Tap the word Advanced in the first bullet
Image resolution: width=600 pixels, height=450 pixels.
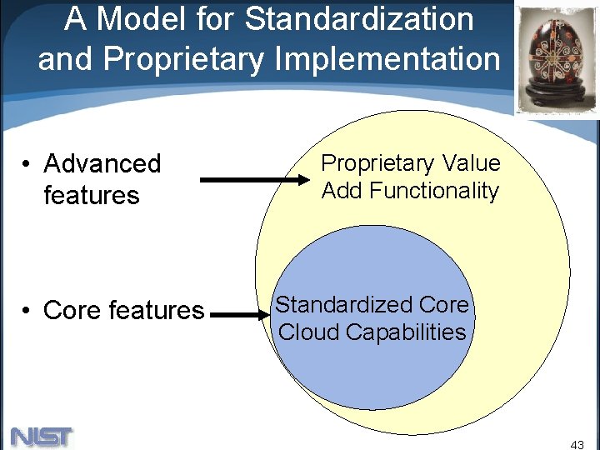pos(102,163)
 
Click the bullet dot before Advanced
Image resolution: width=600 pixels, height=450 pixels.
pos(27,164)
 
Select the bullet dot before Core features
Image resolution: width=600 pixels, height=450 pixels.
pos(27,311)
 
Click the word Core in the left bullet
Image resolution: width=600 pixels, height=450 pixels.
pos(72,311)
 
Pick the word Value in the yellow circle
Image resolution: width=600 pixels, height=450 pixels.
pos(472,163)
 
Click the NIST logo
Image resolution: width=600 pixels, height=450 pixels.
pos(42,436)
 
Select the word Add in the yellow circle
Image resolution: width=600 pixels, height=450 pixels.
pos(342,191)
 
